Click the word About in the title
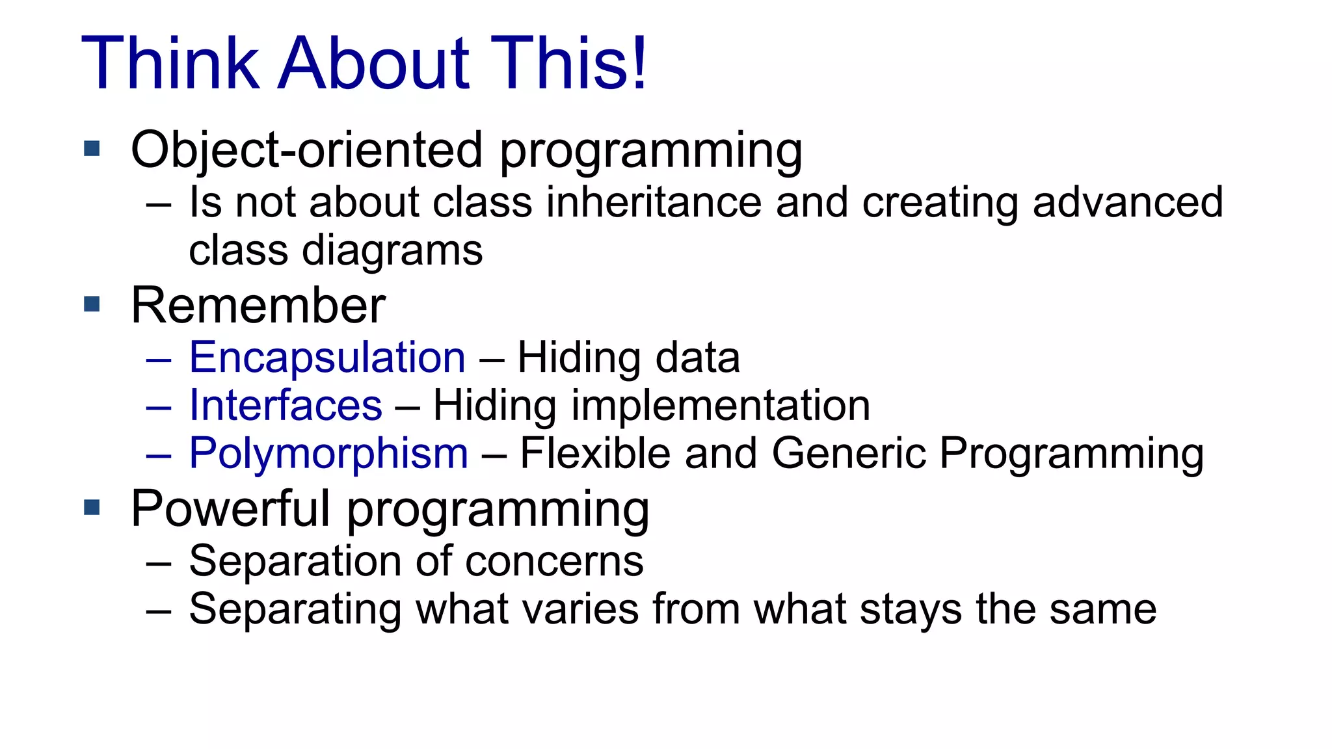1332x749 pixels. click(x=373, y=64)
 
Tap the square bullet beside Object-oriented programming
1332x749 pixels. click(x=92, y=149)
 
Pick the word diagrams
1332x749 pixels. click(x=392, y=252)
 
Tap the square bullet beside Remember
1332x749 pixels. click(x=92, y=304)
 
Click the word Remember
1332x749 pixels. click(x=258, y=306)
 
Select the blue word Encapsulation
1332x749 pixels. click(x=327, y=358)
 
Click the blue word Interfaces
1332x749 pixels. click(x=286, y=406)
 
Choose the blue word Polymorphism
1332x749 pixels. click(x=328, y=454)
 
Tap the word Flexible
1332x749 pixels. click(x=595, y=453)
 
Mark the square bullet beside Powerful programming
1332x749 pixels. click(x=92, y=507)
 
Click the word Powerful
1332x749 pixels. click(x=230, y=509)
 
